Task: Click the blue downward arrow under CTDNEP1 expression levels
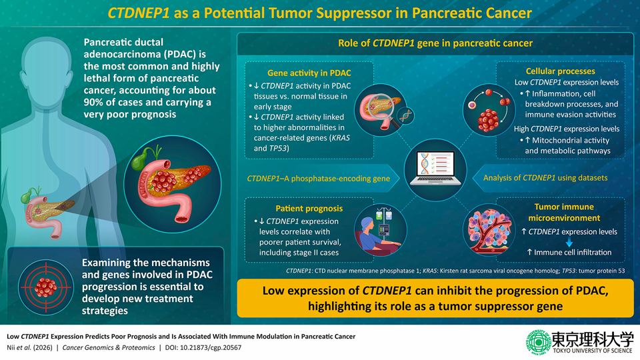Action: click(x=571, y=242)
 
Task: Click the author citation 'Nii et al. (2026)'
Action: click(x=33, y=347)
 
